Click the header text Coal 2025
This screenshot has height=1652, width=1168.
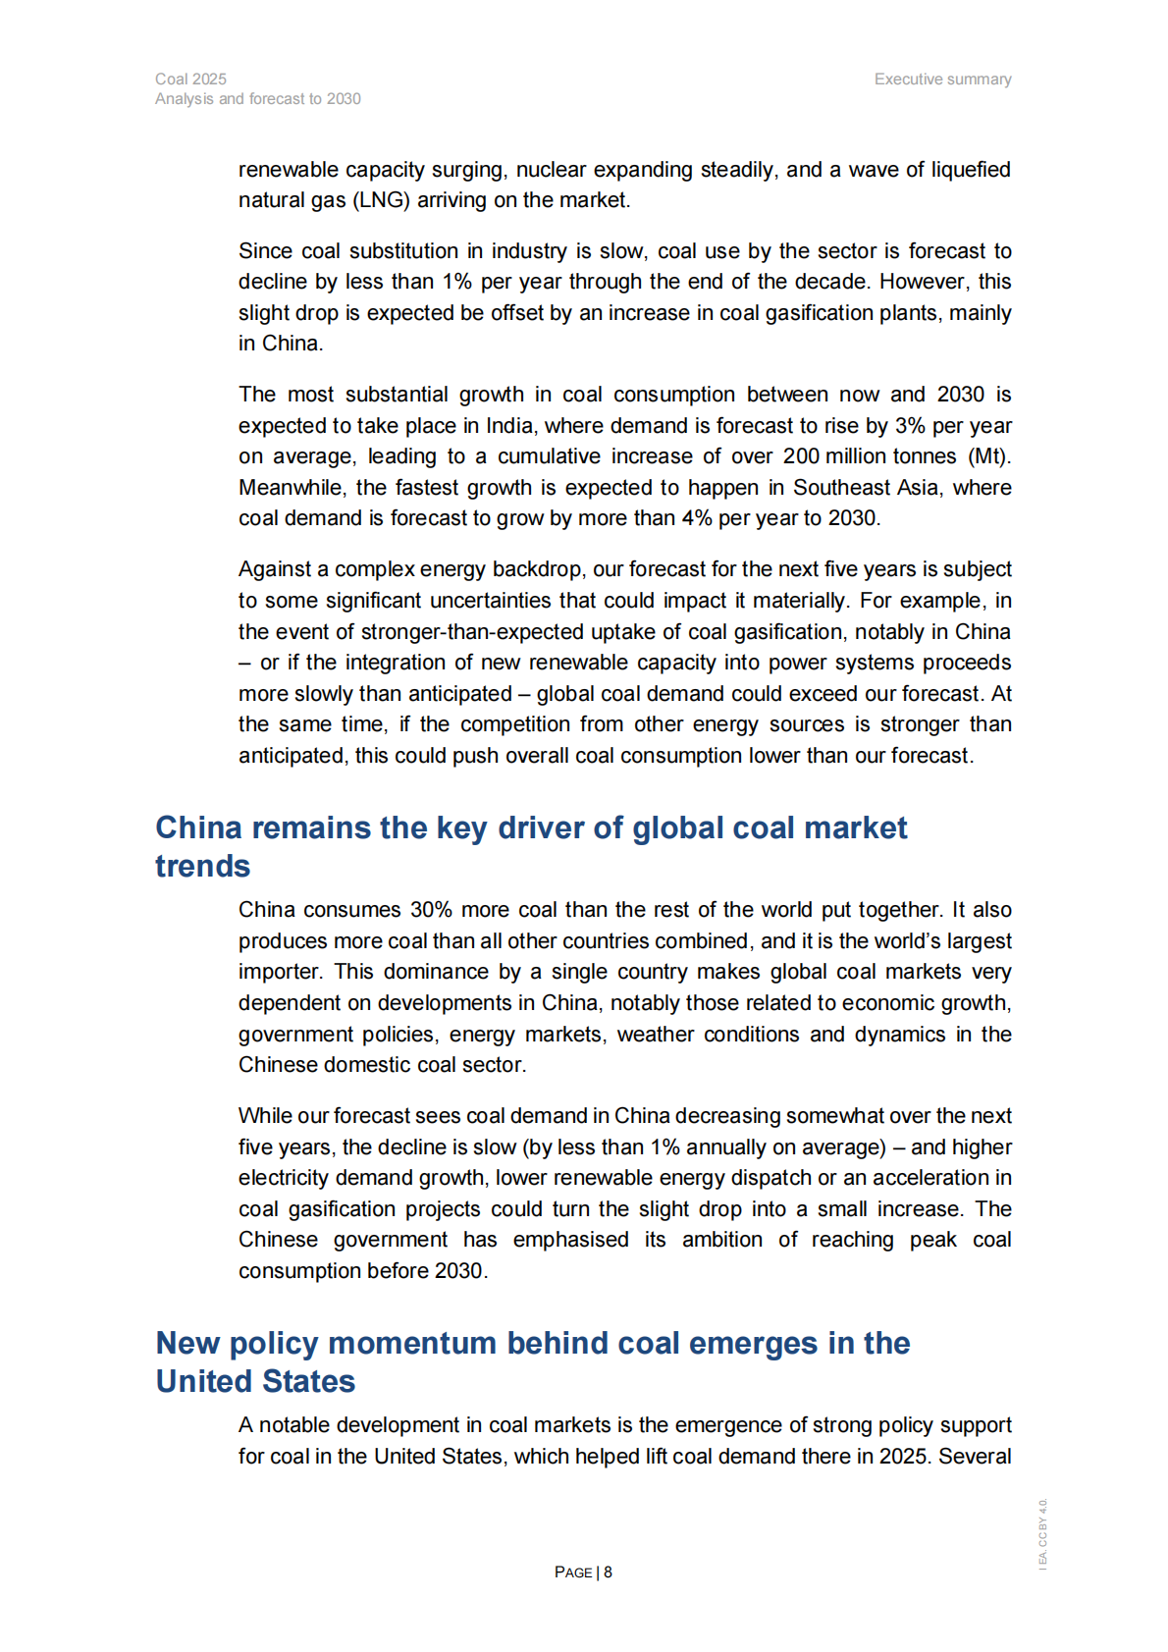[190, 79]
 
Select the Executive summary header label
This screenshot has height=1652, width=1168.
[942, 79]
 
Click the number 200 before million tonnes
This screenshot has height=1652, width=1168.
[801, 456]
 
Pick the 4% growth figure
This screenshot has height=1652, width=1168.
[697, 518]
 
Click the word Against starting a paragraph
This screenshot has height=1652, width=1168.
[274, 569]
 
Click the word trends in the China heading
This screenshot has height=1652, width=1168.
[202, 867]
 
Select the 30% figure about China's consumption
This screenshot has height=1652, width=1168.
[431, 910]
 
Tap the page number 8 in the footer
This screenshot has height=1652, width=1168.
[609, 1572]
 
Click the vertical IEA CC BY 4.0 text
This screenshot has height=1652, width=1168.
[1043, 1534]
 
